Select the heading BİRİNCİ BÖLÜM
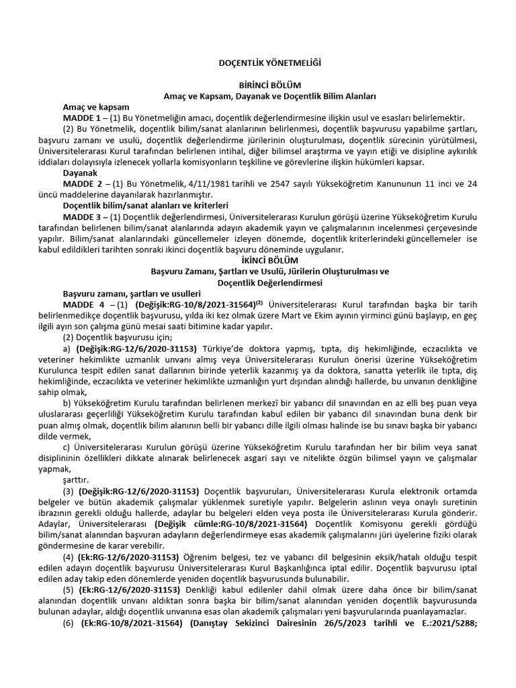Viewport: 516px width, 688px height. click(261, 85)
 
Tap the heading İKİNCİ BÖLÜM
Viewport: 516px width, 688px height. click(261, 260)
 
